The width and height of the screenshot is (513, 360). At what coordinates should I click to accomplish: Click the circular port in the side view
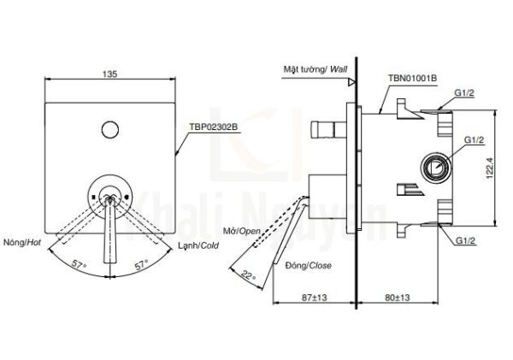(x=437, y=167)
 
